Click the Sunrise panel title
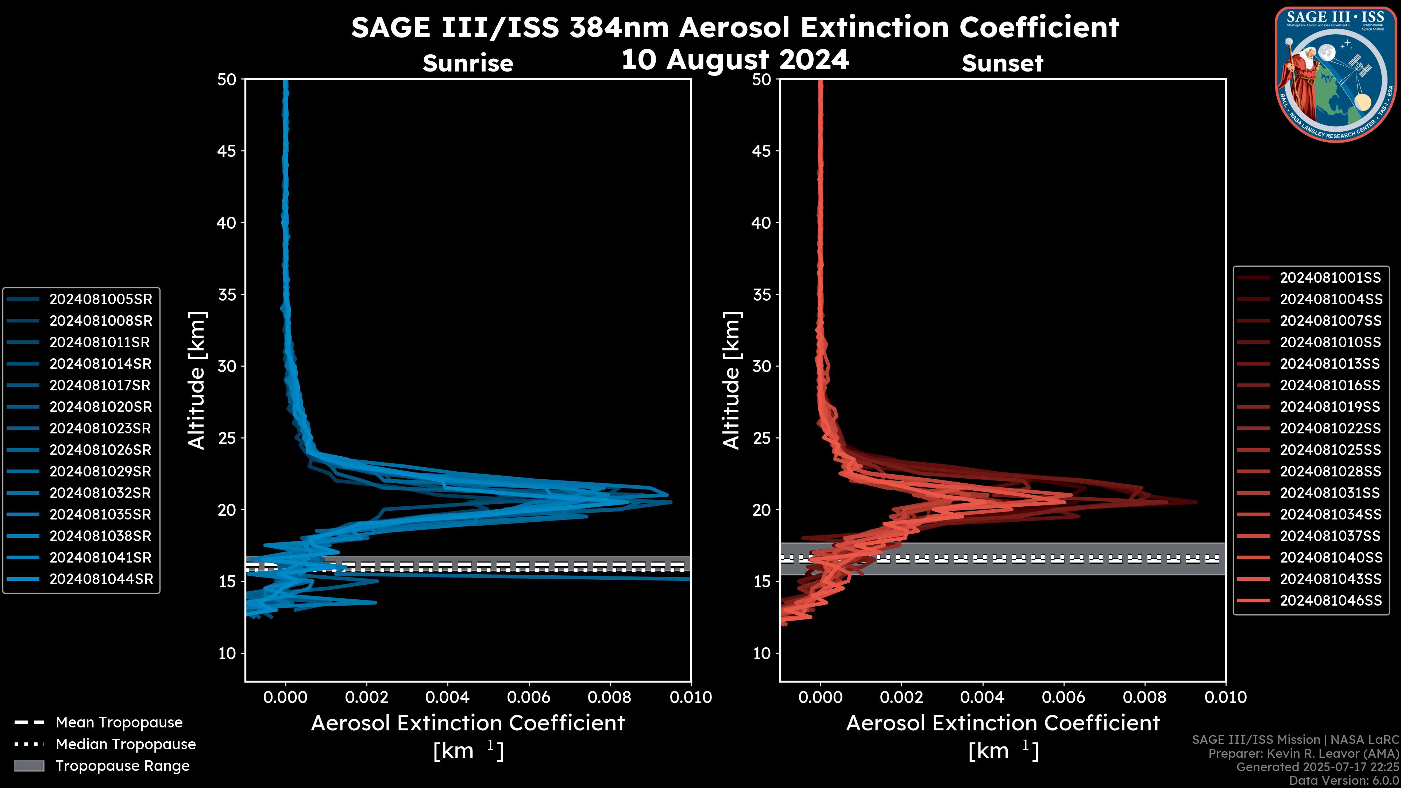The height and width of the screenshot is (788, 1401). (x=468, y=63)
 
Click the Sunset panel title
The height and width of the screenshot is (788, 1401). (x=1002, y=63)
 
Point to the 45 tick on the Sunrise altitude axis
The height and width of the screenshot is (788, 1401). (x=227, y=151)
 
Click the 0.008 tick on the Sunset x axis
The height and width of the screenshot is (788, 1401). (x=1145, y=697)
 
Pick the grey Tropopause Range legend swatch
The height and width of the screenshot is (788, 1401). (x=29, y=766)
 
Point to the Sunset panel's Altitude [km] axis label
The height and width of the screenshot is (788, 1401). (x=732, y=381)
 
